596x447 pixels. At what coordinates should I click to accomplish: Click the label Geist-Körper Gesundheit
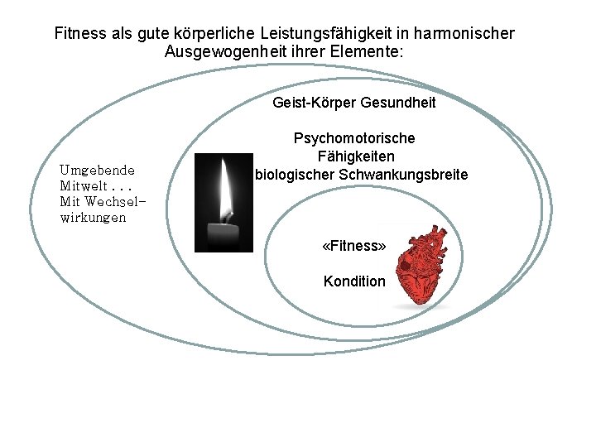[x=353, y=103]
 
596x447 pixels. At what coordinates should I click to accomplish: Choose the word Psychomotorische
[x=354, y=138]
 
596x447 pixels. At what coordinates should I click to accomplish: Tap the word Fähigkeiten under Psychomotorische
[x=355, y=156]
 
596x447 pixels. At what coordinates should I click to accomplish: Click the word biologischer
[x=294, y=175]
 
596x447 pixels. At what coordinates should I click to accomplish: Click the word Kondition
[x=354, y=281]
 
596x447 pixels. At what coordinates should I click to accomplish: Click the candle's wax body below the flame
[x=223, y=235]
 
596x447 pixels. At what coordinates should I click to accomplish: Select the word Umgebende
[x=97, y=170]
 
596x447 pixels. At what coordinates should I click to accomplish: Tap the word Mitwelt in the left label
[x=84, y=185]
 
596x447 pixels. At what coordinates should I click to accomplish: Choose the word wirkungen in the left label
[x=93, y=218]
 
